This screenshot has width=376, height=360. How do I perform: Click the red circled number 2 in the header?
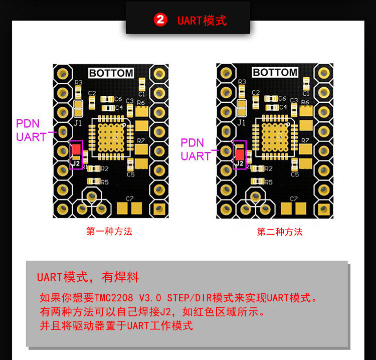click(160, 21)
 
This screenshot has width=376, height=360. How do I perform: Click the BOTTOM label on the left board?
click(111, 73)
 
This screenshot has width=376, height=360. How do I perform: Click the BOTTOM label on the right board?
click(275, 73)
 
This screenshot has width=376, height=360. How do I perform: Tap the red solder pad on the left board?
click(76, 149)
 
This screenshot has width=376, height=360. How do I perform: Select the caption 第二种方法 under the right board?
click(280, 232)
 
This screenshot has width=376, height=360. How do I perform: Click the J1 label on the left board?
click(78, 122)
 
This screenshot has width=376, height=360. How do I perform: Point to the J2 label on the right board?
click(240, 164)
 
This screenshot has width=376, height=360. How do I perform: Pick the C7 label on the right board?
click(293, 199)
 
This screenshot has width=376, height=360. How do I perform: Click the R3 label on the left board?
click(78, 83)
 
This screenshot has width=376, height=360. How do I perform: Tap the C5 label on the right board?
click(294, 174)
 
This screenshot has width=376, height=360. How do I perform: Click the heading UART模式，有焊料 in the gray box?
click(88, 277)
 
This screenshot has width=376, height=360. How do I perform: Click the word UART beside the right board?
click(196, 156)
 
